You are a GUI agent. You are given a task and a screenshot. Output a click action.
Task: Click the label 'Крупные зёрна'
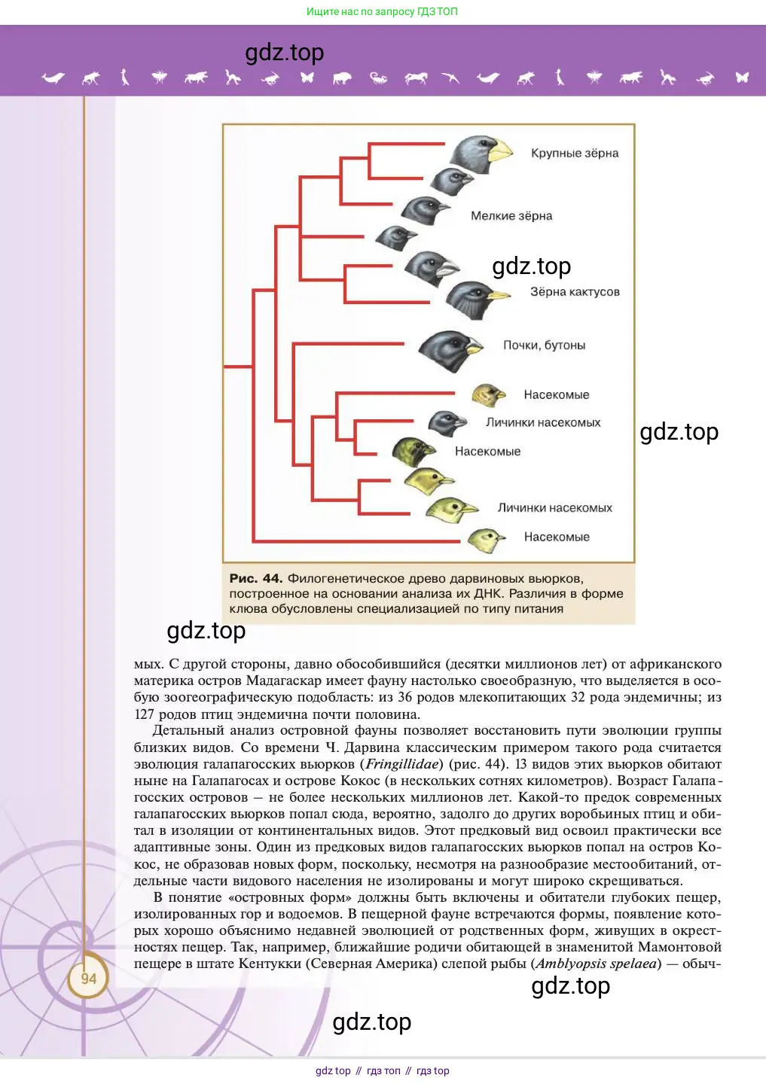574,154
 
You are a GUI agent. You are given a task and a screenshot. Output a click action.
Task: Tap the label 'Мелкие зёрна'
511,216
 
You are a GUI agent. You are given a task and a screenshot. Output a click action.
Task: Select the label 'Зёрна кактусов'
575,292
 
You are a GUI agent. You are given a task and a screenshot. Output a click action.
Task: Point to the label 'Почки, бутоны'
544,346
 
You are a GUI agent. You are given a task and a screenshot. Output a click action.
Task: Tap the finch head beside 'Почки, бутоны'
449,350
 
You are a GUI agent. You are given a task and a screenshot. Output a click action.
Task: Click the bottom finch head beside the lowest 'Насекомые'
485,538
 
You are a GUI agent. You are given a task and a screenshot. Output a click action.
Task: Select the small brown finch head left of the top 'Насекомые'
487,394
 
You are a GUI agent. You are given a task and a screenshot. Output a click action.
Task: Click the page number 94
89,979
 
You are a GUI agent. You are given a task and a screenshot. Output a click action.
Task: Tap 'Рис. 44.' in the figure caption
255,579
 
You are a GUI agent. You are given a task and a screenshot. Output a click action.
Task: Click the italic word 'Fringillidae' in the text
401,764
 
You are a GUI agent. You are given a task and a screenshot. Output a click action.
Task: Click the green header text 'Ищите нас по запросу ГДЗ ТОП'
382,11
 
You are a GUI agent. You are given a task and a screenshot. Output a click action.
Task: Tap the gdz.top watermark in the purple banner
285,53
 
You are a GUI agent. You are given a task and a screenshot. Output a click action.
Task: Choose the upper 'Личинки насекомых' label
543,423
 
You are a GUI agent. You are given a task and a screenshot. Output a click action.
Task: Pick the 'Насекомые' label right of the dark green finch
487,452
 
